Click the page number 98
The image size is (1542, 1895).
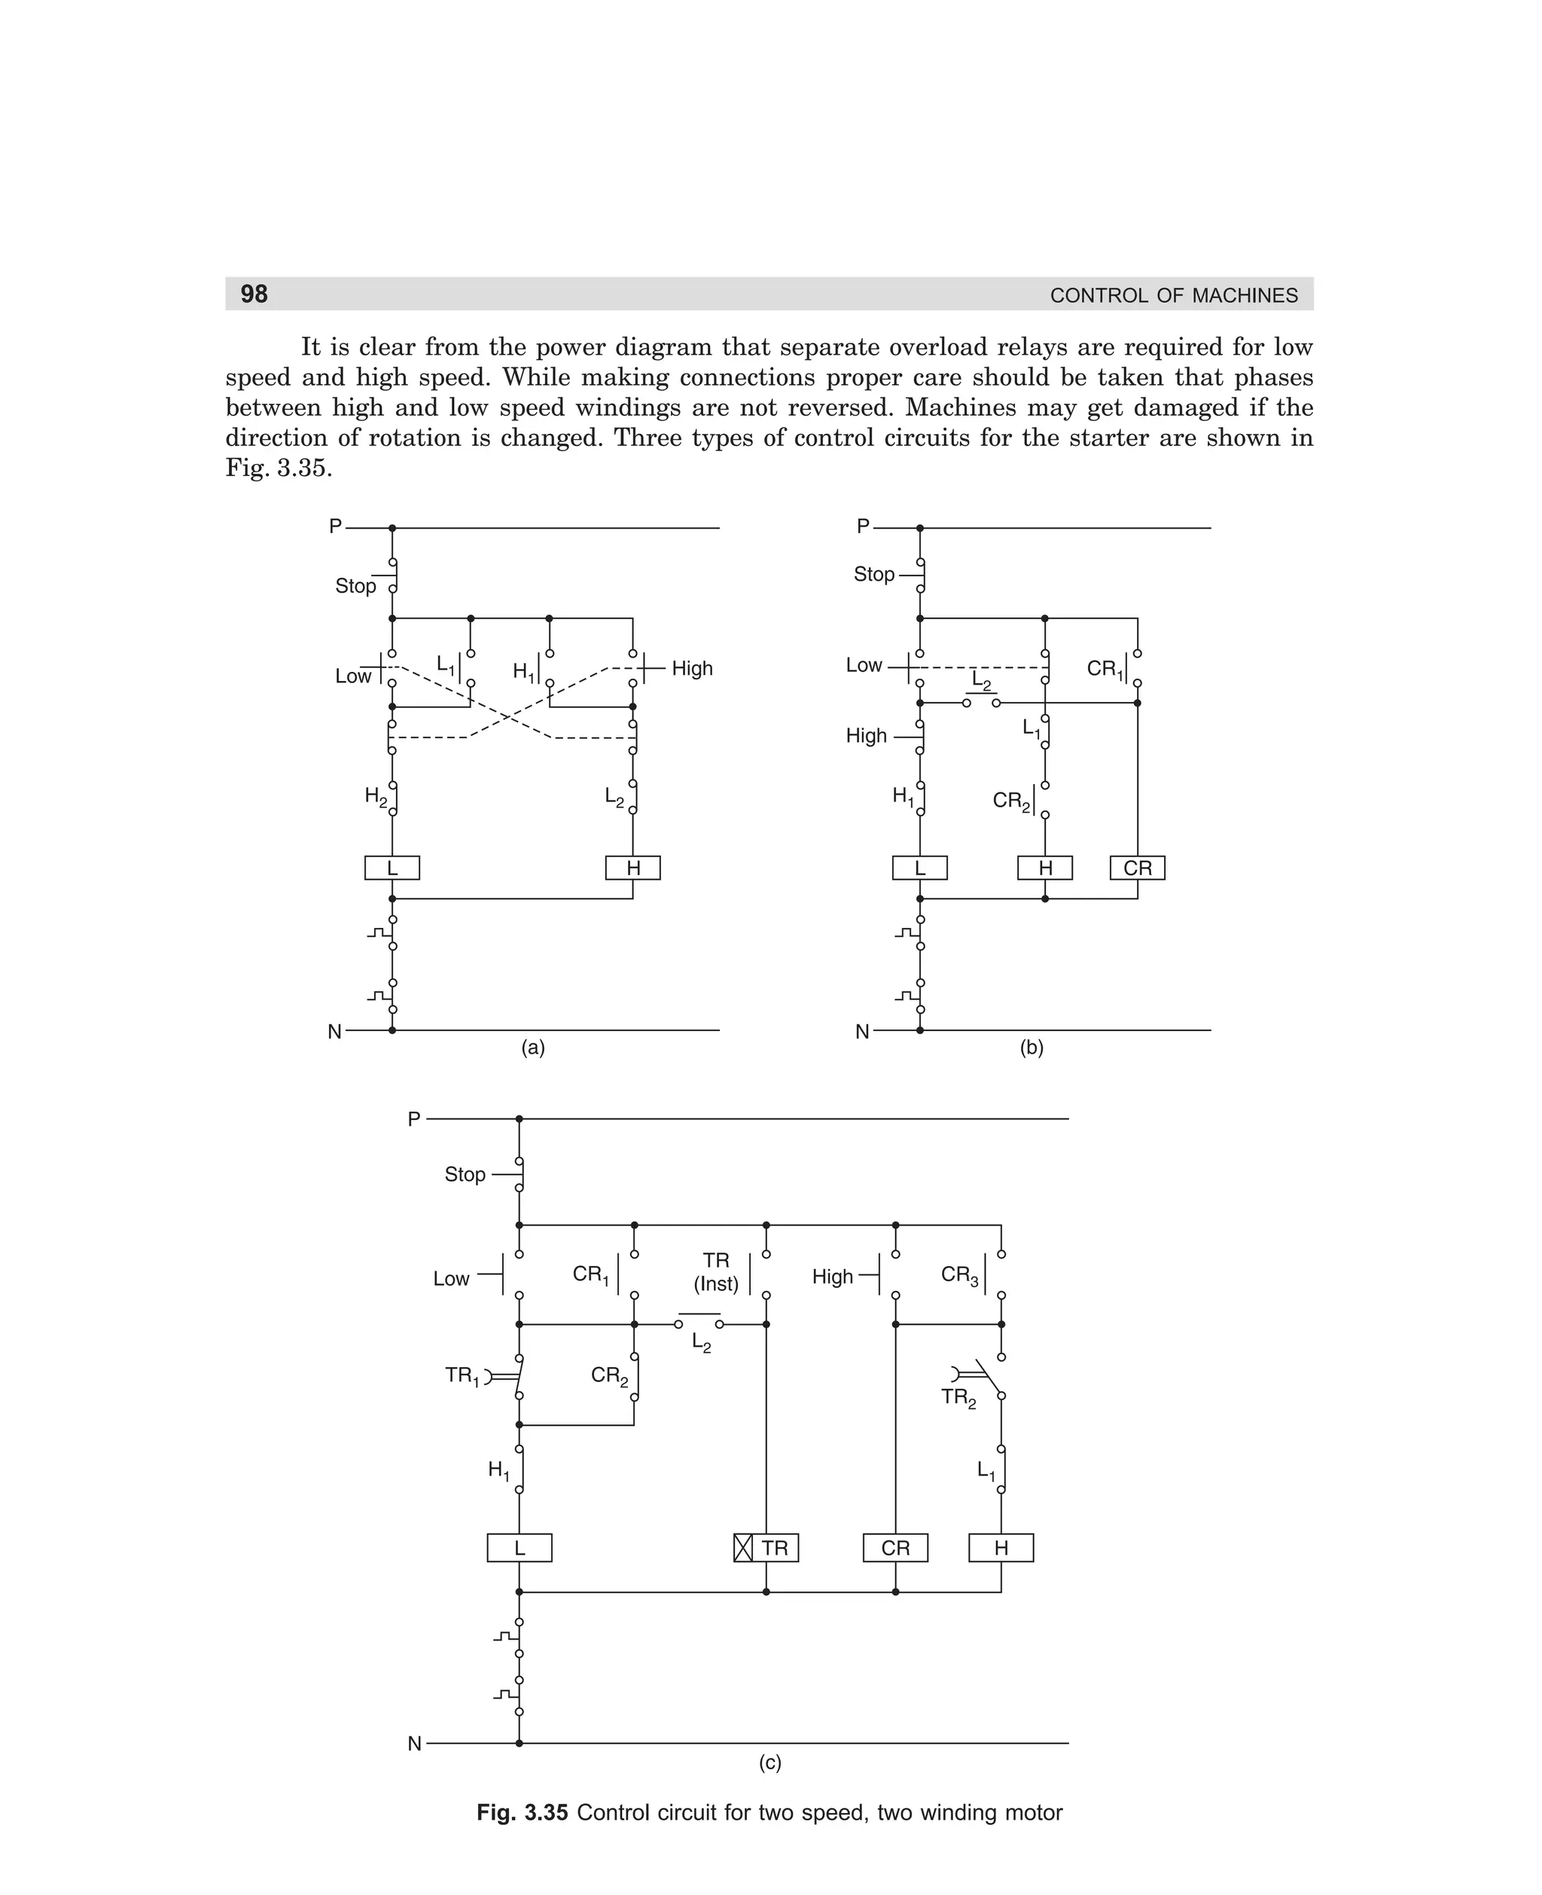254,294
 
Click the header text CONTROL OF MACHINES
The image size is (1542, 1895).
1173,296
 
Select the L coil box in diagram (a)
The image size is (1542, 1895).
392,868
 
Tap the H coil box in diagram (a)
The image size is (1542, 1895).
632,868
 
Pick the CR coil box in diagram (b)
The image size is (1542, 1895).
1137,868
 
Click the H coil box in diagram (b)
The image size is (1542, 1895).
1044,868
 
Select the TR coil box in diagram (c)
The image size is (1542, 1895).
766,1549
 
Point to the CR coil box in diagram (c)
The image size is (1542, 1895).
895,1549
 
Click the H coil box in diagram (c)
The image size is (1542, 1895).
1001,1549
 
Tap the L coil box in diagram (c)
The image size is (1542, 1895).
520,1549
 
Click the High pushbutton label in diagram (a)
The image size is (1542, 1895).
692,668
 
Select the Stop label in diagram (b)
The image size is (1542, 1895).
874,575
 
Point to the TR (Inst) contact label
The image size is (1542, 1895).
716,1272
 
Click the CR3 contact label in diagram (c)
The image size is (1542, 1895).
960,1276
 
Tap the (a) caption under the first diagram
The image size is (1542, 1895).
533,1048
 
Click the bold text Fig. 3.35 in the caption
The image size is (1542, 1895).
523,1812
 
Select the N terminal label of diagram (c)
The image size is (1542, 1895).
415,1744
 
